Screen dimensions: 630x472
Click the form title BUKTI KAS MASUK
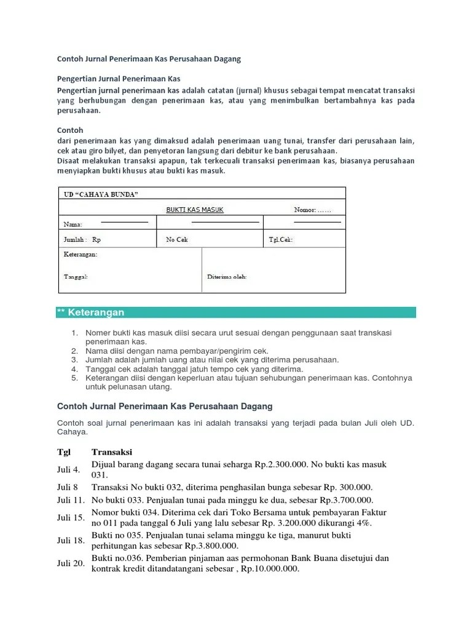click(195, 210)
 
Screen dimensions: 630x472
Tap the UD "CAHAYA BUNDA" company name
click(101, 194)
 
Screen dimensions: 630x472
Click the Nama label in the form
click(73, 225)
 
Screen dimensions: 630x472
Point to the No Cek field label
click(176, 239)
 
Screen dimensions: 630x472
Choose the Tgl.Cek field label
click(281, 239)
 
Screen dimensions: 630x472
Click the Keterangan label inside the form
click(80, 254)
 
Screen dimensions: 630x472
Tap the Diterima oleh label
click(227, 277)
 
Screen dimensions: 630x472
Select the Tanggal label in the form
click(76, 277)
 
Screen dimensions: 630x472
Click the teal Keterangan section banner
click(236, 313)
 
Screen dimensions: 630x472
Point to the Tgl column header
click(64, 452)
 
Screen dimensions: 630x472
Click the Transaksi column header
click(112, 452)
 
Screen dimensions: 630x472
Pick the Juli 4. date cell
click(68, 470)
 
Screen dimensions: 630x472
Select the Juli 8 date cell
click(68, 487)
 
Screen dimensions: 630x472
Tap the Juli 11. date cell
click(69, 500)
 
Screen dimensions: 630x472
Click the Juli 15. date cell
click(70, 518)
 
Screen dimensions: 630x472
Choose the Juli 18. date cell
click(70, 541)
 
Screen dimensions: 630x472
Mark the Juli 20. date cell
click(70, 564)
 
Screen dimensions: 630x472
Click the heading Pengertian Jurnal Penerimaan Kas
click(118, 79)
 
